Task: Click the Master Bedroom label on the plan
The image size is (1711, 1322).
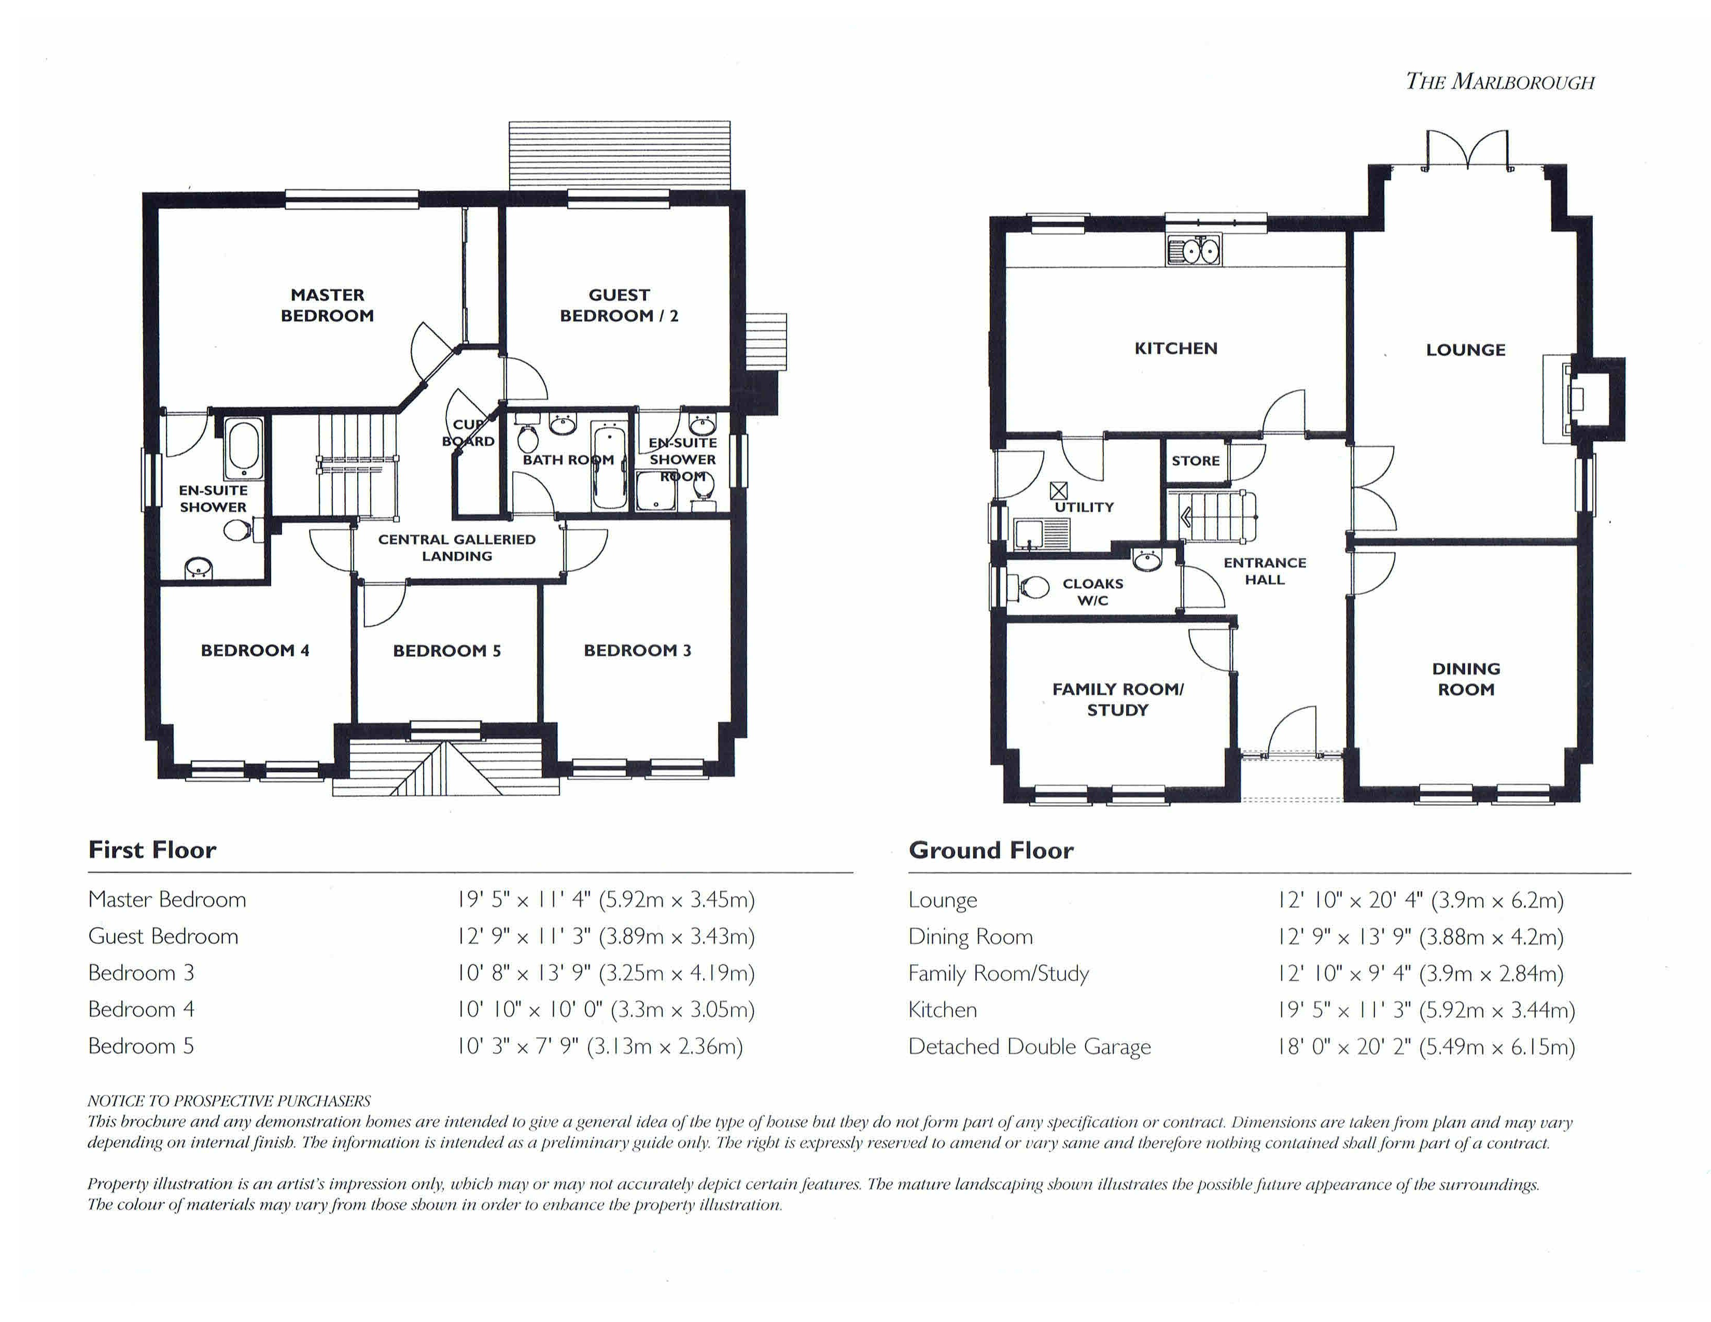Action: (x=328, y=305)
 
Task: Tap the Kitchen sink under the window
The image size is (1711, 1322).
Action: (x=1193, y=250)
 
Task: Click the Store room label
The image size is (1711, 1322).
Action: (x=1196, y=460)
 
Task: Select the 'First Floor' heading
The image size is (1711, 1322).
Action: (x=152, y=850)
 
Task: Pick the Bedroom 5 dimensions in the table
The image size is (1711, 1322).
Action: (x=600, y=1046)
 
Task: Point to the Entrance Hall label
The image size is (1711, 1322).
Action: (x=1265, y=571)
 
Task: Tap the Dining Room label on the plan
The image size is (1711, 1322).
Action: (x=1466, y=679)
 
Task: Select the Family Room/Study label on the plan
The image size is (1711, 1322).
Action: (x=1118, y=699)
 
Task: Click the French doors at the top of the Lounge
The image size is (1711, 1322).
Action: (x=1467, y=150)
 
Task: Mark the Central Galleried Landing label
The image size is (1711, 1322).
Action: (x=457, y=547)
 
